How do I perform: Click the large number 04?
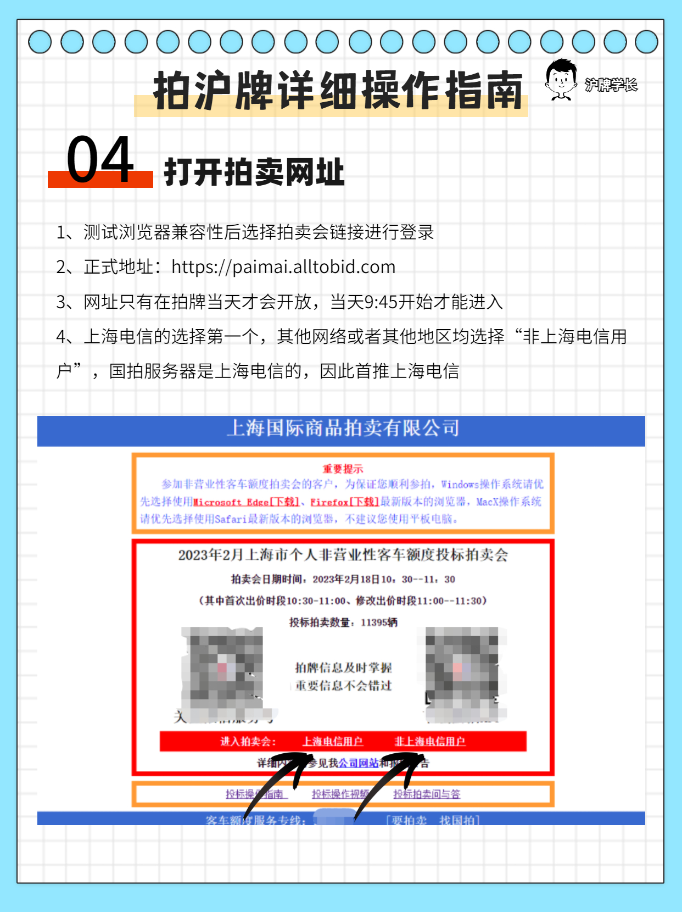tap(100, 160)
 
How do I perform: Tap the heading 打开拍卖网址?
tap(254, 173)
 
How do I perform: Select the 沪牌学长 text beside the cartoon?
tap(611, 85)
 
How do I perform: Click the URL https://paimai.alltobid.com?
tap(283, 267)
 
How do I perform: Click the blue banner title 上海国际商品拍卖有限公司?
tap(343, 428)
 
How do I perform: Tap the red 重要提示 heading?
tap(343, 469)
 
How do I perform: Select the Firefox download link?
tap(344, 502)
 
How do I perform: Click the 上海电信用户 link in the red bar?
tap(332, 742)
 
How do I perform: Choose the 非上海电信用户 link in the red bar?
tap(429, 742)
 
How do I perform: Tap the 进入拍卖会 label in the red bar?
tap(248, 742)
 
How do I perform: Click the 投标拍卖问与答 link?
tap(427, 794)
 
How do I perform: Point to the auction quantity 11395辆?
tap(379, 622)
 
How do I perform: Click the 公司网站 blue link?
tap(358, 763)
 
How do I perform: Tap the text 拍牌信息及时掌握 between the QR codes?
tap(343, 668)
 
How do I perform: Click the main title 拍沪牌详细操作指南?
tap(337, 91)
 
